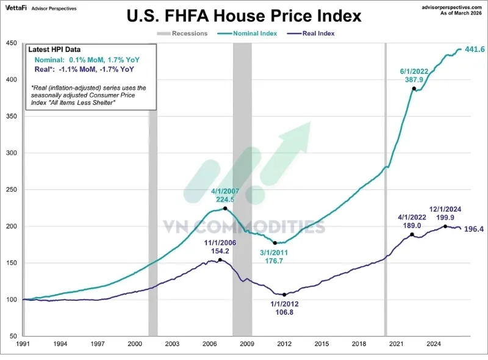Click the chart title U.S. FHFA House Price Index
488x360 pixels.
click(x=244, y=16)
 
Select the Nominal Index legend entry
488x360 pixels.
click(x=247, y=34)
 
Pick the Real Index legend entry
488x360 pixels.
click(x=311, y=34)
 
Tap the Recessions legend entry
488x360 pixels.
click(x=182, y=34)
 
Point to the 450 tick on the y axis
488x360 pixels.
click(x=11, y=43)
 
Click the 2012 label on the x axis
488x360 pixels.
click(x=284, y=344)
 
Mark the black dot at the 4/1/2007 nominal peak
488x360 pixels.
click(x=225, y=208)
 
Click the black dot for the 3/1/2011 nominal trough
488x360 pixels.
click(x=275, y=243)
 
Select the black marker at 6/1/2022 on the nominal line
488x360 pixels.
click(x=414, y=88)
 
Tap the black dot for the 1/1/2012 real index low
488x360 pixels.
click(x=284, y=295)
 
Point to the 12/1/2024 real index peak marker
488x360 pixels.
click(x=445, y=226)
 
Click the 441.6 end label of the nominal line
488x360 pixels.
click(x=475, y=49)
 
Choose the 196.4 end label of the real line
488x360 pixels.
click(x=474, y=229)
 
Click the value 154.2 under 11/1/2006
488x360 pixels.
click(x=220, y=251)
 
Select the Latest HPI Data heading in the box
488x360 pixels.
click(x=54, y=49)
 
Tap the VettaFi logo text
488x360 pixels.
click(x=16, y=8)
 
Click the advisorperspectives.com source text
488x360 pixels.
click(x=451, y=7)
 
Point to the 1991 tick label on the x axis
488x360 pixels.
click(x=23, y=344)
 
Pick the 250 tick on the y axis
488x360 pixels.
click(x=11, y=189)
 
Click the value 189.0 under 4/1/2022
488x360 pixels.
click(x=412, y=226)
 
